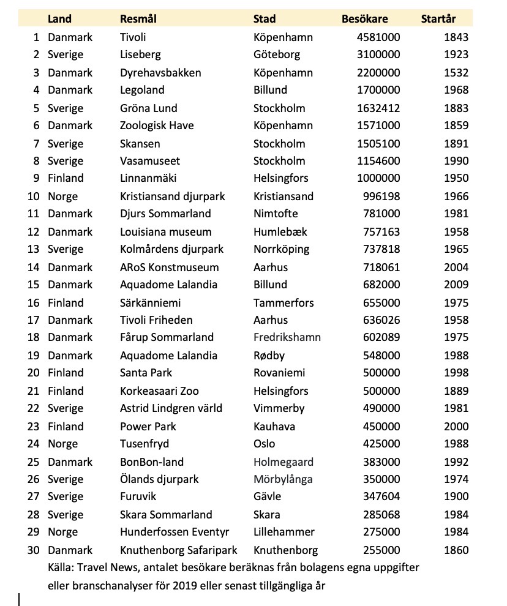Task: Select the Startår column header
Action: click(x=438, y=19)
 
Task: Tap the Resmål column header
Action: click(x=138, y=19)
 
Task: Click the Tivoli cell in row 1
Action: click(x=133, y=37)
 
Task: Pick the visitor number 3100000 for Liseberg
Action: click(x=378, y=55)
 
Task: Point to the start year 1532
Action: click(x=457, y=73)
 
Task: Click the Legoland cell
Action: click(x=142, y=91)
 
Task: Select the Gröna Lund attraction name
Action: click(x=148, y=108)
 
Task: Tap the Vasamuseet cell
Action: click(x=150, y=162)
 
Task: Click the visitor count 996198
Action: click(x=382, y=197)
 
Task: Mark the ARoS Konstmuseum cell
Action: click(x=169, y=268)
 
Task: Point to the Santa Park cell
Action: click(x=146, y=373)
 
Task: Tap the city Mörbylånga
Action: click(x=283, y=480)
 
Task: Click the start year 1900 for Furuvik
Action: click(x=457, y=497)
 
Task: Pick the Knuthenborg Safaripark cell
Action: click(x=178, y=550)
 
